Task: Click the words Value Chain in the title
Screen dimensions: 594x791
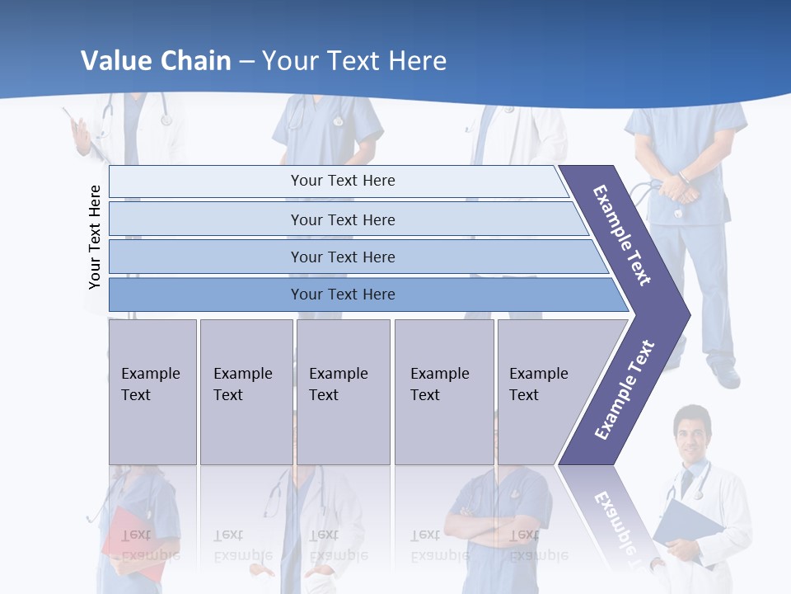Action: point(156,60)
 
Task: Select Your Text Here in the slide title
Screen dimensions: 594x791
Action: point(354,60)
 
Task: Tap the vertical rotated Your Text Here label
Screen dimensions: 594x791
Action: point(95,237)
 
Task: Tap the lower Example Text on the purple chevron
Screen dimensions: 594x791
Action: point(625,389)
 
